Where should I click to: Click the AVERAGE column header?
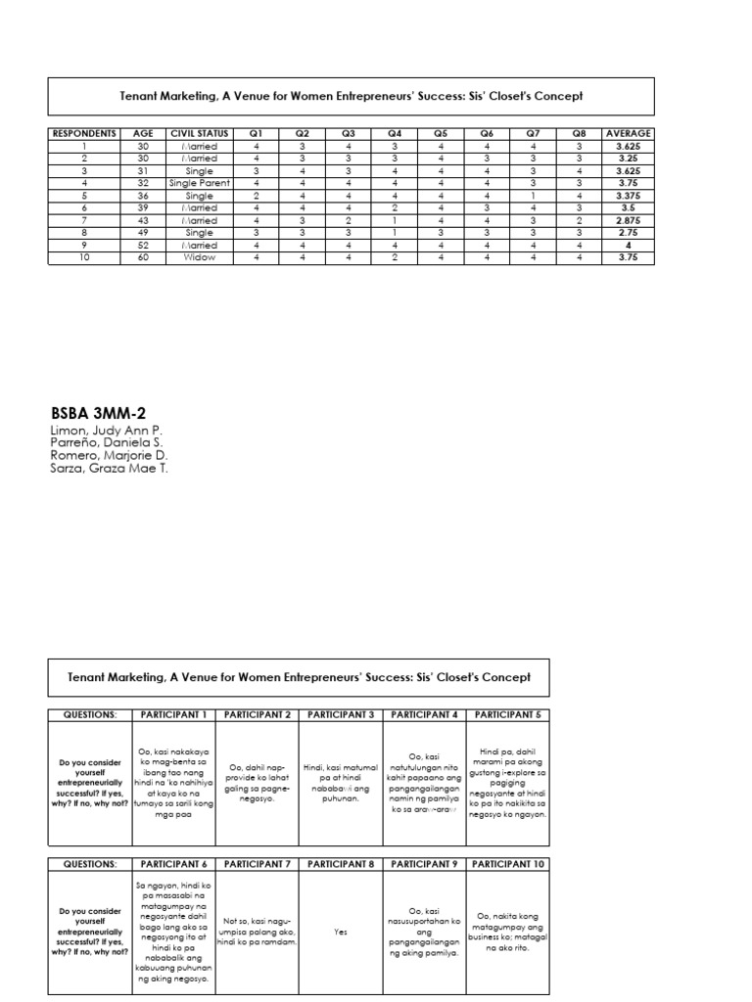coord(629,133)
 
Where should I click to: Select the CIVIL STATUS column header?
coord(199,133)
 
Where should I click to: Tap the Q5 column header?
coord(441,133)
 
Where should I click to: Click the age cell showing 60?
coord(144,257)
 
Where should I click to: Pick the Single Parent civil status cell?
coord(199,183)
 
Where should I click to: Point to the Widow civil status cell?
coord(199,257)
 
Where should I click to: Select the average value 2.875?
coord(629,220)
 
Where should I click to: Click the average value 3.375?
coord(629,196)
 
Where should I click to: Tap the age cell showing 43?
coord(144,220)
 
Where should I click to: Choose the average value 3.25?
coord(629,159)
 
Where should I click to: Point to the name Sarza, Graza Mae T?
coord(107,468)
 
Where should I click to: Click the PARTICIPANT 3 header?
coord(342,714)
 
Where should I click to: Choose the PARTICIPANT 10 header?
coord(508,864)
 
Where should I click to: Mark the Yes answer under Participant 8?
coord(342,933)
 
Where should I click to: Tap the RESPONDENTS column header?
coord(84,133)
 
